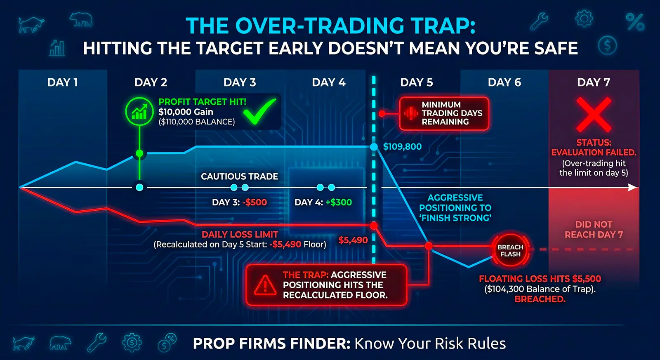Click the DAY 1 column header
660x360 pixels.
[x=62, y=82]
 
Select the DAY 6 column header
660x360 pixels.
[x=504, y=82]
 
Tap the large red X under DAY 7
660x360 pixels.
[x=594, y=114]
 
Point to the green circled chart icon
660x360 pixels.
[x=139, y=111]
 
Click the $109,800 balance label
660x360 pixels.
[x=402, y=147]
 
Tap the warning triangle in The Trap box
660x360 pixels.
[x=265, y=285]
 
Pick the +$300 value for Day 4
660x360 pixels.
[x=339, y=202]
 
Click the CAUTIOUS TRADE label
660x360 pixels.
[x=239, y=176]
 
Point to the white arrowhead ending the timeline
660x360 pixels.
[x=633, y=188]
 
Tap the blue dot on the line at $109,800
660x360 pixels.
[x=374, y=147]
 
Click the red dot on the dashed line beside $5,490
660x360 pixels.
[x=374, y=226]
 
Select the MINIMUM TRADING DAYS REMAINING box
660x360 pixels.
[x=444, y=113]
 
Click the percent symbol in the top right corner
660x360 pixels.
[x=635, y=22]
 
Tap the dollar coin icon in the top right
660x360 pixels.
[x=607, y=45]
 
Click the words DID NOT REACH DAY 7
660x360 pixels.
[x=594, y=230]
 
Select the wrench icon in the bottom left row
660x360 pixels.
[x=97, y=343]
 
